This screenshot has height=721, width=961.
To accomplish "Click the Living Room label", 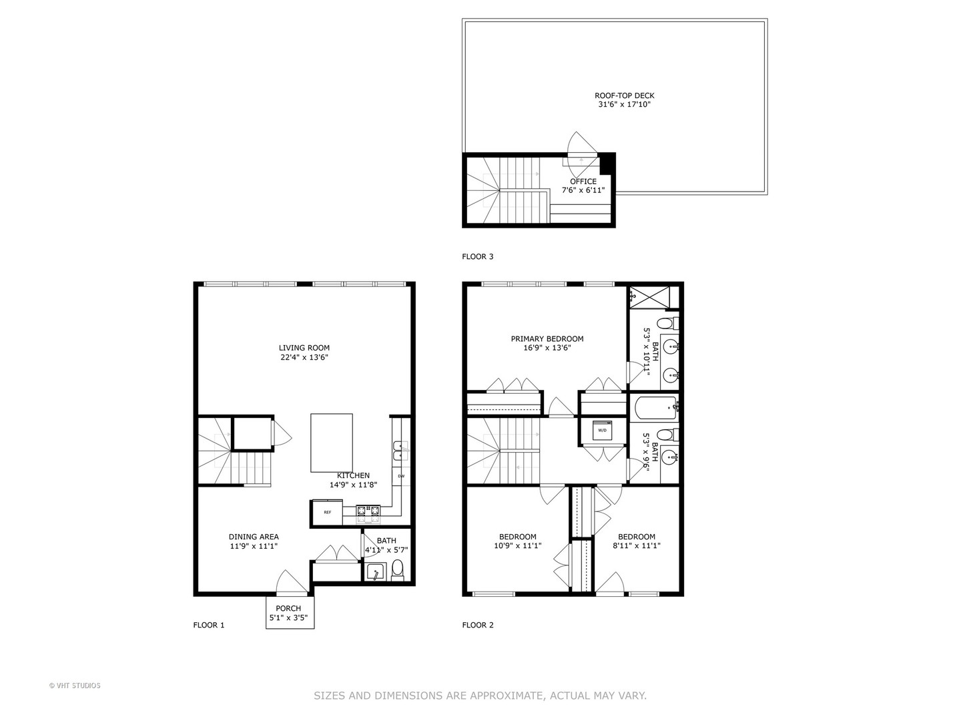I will coord(304,348).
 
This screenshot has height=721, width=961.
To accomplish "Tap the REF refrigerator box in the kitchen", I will coord(327,512).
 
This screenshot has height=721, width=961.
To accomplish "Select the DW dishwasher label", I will coord(401,476).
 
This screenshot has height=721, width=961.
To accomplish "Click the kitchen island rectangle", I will coord(331,443).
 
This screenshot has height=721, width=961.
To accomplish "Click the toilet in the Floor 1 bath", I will coord(398,569).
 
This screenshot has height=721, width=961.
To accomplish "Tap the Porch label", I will coord(288,608).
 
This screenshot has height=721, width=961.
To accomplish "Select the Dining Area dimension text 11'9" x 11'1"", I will coord(254,546).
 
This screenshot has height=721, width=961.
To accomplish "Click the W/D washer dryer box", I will coord(603,431).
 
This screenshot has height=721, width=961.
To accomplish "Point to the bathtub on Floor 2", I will coord(654,407).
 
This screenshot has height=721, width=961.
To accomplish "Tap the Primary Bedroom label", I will coord(547,338).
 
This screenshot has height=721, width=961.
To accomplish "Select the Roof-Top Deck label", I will coord(625,95).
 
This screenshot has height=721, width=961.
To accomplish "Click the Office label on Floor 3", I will coord(583,181).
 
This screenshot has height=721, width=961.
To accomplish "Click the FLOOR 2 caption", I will coord(478,625).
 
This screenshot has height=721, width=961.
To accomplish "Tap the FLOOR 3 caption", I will coord(478,256).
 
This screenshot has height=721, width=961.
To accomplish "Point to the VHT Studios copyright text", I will coord(75,685).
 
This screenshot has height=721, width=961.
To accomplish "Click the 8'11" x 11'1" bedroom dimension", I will coord(636,546).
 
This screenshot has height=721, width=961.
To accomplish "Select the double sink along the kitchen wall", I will coord(398,451).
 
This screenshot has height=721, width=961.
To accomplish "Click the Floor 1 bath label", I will coord(386,541).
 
